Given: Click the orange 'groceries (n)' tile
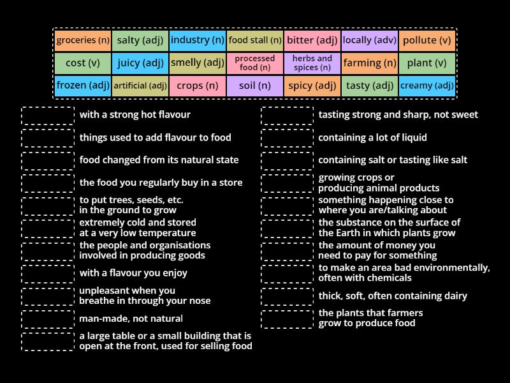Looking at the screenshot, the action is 83,40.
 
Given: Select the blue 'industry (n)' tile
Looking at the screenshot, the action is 198,40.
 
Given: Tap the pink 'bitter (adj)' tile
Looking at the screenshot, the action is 312,40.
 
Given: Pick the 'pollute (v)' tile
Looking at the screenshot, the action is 426,40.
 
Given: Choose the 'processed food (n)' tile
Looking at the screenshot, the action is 254,63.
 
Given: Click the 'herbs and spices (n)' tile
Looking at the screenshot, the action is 312,63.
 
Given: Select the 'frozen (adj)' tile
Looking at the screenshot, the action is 83,86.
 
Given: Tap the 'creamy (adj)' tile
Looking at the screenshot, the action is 426,86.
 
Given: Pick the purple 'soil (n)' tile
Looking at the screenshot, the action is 254,86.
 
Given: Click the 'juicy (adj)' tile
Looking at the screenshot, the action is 140,63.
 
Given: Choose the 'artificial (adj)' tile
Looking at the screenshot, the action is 140,86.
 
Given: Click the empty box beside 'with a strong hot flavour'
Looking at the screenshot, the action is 48,116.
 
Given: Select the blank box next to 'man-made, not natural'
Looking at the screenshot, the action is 48,319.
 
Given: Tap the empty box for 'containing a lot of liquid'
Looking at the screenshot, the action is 287,138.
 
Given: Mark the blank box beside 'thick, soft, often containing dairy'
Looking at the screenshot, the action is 287,296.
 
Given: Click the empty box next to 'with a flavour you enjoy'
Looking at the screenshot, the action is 48,274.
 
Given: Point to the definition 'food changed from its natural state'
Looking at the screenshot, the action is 159,160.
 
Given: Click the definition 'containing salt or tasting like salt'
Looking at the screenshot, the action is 393,160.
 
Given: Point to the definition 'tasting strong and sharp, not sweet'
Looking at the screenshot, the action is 398,115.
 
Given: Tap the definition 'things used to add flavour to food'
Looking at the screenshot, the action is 155,137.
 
